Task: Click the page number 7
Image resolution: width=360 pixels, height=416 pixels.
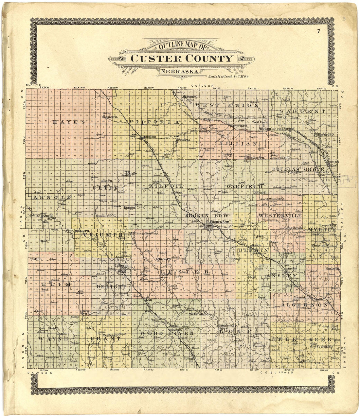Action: [x=318, y=31]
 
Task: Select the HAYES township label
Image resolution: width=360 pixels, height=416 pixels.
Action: [x=68, y=122]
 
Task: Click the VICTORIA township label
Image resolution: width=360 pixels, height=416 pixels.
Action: [x=154, y=122]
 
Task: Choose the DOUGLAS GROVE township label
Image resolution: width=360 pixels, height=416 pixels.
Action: [x=302, y=169]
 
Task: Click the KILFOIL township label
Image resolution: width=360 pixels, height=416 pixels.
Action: [x=165, y=186]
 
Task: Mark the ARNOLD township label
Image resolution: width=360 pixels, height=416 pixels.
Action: [x=51, y=198]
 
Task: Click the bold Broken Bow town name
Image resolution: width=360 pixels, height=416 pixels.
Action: [x=220, y=222]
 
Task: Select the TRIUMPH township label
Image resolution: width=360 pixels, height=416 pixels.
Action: [x=103, y=235]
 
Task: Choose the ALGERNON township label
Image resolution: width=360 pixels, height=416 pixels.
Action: [x=304, y=304]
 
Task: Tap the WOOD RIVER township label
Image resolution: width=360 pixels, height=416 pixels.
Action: [x=167, y=333]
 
